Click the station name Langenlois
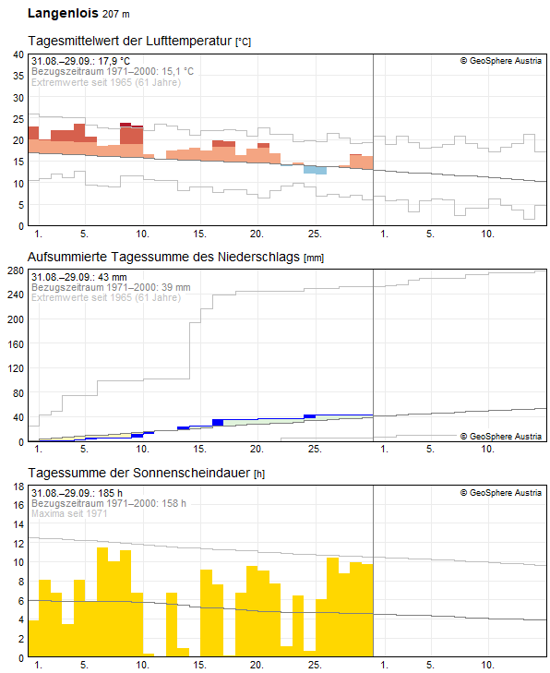pos(63,13)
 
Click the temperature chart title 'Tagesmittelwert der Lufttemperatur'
pos(129,41)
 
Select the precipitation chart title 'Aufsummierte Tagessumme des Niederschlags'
pos(163,257)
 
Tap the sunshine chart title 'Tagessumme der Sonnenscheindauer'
pos(138,473)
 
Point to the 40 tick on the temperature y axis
pos(18,54)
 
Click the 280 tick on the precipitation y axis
pos(16,270)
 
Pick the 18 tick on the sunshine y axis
pos(18,487)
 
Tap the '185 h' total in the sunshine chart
pos(110,493)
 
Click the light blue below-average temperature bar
pos(315,170)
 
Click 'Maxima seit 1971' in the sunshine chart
pos(69,513)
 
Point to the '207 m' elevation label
pos(116,14)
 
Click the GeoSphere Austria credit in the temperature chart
pos(501,61)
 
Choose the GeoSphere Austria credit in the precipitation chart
pos(501,436)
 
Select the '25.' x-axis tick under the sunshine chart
pos(315,665)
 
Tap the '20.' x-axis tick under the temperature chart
pos(257,234)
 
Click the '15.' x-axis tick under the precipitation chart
pos(199,449)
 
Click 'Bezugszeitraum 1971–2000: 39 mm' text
pos(111,287)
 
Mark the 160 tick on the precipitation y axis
pos(16,344)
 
